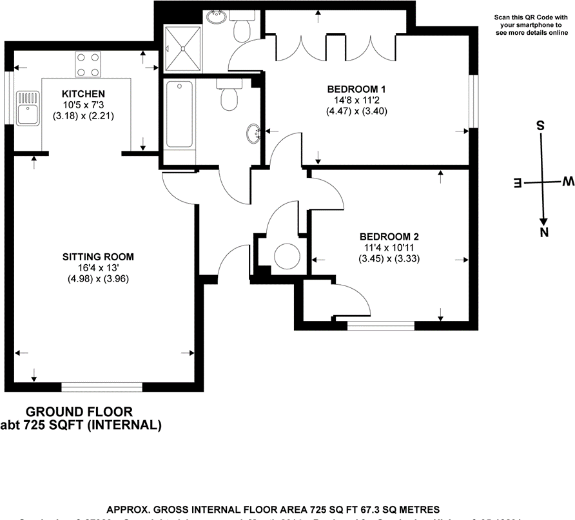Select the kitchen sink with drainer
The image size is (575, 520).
pyautogui.click(x=28, y=107)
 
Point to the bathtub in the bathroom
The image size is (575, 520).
pyautogui.click(x=180, y=114)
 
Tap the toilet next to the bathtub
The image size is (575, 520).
pyautogui.click(x=229, y=95)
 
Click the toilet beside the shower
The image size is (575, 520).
pyautogui.click(x=244, y=25)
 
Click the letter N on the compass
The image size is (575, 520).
pyautogui.click(x=544, y=232)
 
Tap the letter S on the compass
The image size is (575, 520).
pyautogui.click(x=541, y=125)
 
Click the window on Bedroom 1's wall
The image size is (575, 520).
pyautogui.click(x=473, y=101)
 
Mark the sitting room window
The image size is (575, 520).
pyautogui.click(x=102, y=387)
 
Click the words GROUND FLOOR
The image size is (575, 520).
pyautogui.click(x=79, y=412)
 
